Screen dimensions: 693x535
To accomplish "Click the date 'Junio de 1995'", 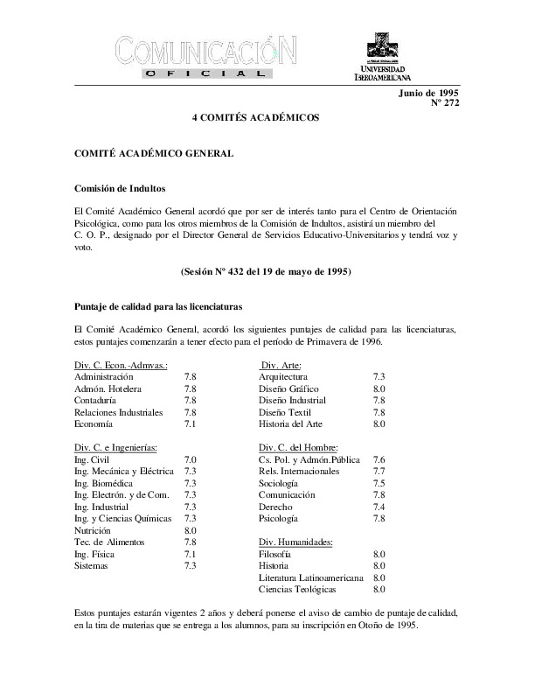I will pos(428,92).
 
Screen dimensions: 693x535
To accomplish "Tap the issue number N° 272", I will pos(445,103).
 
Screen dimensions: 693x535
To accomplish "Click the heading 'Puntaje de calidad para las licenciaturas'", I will pos(158,308).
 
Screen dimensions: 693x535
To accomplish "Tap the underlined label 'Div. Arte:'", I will pos(281,365).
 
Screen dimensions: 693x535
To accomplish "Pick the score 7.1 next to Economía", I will pos(190,423).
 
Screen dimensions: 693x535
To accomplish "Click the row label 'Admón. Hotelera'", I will pos(108,388).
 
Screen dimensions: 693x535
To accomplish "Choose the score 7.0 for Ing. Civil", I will pos(190,458).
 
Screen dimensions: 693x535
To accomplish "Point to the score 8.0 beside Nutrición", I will pos(190,530).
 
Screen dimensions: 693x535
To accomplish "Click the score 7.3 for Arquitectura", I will pos(379,376).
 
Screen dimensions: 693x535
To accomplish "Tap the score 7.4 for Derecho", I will pos(379,507).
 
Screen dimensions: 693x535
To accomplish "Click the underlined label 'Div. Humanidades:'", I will pos(296,542).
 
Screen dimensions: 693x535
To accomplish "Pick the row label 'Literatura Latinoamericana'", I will pos(311,577).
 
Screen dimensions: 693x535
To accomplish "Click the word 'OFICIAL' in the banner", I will pos(208,76).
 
